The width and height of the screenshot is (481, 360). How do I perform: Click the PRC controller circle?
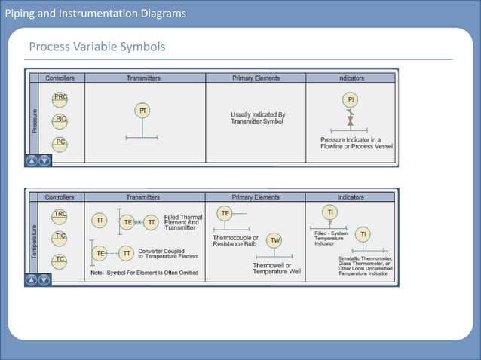tap(60, 97)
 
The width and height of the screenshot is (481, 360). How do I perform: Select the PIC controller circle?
tap(60, 120)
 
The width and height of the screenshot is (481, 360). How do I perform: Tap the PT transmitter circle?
tap(141, 111)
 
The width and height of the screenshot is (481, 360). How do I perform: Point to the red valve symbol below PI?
tap(350, 119)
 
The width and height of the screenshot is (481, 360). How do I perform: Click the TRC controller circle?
tap(60, 215)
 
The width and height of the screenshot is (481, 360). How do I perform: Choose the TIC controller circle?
tap(60, 237)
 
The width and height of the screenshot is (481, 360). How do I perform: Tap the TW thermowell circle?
tap(275, 240)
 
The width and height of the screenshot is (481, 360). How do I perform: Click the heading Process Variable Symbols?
tap(97, 48)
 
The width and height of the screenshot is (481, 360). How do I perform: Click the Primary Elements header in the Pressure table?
tap(255, 78)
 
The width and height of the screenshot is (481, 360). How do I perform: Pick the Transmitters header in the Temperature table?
tap(143, 197)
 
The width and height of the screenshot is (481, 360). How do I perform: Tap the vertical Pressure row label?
tap(34, 120)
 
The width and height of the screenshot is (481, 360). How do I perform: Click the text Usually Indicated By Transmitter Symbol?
tap(258, 118)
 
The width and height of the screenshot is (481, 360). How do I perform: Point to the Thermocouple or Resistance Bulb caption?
tap(235, 241)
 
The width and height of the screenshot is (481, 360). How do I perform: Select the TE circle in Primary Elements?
tap(225, 214)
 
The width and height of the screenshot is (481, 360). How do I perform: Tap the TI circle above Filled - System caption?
tap(329, 213)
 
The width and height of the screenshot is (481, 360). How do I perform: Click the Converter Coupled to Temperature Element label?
tap(168, 254)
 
